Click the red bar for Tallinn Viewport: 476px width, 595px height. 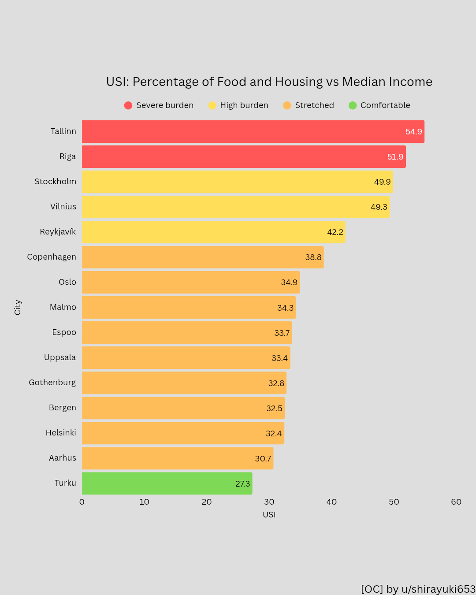pyautogui.click(x=253, y=131)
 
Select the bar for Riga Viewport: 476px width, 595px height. pyautogui.click(x=244, y=156)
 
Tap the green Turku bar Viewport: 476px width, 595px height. pyautogui.click(x=167, y=483)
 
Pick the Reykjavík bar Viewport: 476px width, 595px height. pyautogui.click(x=213, y=232)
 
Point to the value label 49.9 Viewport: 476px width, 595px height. pyautogui.click(x=382, y=182)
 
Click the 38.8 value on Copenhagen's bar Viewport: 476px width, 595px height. pyautogui.click(x=313, y=257)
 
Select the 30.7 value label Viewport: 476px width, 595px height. pyautogui.click(x=263, y=459)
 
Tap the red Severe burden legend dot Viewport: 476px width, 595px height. pyautogui.click(x=128, y=105)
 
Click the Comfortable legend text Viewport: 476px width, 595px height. pyautogui.click(x=385, y=105)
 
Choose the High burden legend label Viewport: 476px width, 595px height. pyautogui.click(x=244, y=105)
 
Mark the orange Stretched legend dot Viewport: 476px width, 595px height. pyautogui.click(x=287, y=105)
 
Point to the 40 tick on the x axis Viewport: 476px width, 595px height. pyautogui.click(x=331, y=502)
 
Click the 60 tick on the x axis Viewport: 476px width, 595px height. pyautogui.click(x=456, y=502)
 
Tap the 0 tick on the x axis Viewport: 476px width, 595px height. pyautogui.click(x=82, y=502)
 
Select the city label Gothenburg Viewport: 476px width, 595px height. pyautogui.click(x=52, y=383)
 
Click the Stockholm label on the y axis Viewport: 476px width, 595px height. pyautogui.click(x=56, y=182)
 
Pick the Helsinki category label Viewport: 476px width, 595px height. pyautogui.click(x=61, y=433)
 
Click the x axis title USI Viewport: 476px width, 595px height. pyautogui.click(x=269, y=515)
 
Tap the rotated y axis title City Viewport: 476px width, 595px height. pyautogui.click(x=18, y=307)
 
